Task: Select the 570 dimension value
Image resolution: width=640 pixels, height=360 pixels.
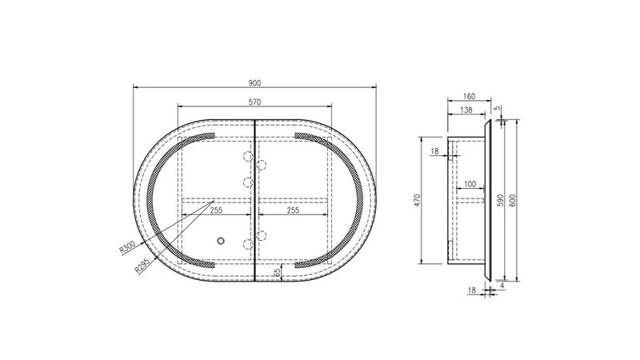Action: (254, 102)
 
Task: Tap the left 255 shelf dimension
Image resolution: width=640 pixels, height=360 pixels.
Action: (215, 211)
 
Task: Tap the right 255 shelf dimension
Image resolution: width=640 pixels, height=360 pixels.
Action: (293, 211)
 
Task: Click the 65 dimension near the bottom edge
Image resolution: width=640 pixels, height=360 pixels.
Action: (277, 272)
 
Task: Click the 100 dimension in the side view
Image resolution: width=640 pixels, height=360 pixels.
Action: (470, 185)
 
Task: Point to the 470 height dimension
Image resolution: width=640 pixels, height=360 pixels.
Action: (417, 201)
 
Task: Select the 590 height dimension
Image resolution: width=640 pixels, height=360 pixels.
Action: (501, 201)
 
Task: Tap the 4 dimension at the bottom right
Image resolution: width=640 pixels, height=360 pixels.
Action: (501, 284)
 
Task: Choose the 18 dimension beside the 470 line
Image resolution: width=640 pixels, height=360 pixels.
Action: (434, 150)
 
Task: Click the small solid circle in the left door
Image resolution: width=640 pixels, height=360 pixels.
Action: (222, 239)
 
